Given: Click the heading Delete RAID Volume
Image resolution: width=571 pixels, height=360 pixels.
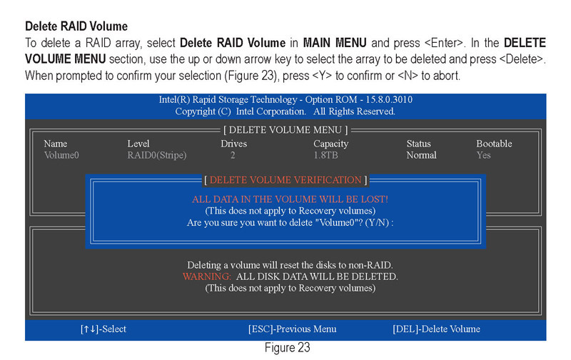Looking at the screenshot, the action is click(x=76, y=26).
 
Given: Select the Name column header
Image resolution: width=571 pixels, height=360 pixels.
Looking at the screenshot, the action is click(x=56, y=144).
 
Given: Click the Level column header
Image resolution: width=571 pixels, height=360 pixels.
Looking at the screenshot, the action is click(x=138, y=144).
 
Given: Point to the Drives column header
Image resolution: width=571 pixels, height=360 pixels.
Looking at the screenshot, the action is click(x=234, y=144).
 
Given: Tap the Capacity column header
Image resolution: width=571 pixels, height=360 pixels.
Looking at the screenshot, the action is click(x=331, y=144).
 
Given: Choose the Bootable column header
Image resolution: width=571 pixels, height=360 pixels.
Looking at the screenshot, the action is click(x=494, y=144).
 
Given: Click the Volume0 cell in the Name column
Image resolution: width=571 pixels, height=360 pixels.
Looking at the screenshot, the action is click(x=61, y=155).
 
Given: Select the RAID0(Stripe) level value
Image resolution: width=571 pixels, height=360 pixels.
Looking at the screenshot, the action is click(x=157, y=155).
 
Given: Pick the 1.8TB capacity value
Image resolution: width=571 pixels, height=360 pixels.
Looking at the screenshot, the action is click(x=326, y=155).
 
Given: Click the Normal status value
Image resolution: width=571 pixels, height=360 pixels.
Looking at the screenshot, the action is click(x=422, y=155).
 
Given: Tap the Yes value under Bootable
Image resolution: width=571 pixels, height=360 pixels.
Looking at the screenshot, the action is click(x=484, y=155).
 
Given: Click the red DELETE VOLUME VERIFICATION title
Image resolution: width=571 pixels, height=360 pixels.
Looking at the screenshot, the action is click(x=285, y=180).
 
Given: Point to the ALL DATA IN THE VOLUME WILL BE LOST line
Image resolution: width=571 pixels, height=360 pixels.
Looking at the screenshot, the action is click(x=290, y=199).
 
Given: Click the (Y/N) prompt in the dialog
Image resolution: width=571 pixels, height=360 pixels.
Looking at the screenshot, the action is click(x=377, y=223).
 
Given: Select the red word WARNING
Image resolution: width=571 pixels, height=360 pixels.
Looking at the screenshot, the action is click(x=207, y=276).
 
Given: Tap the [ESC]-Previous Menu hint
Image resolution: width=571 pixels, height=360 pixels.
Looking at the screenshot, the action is click(x=293, y=329).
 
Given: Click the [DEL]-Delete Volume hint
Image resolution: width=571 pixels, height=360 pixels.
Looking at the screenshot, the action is click(x=436, y=329).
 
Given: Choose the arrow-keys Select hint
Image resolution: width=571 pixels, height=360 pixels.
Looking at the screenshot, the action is click(x=103, y=329).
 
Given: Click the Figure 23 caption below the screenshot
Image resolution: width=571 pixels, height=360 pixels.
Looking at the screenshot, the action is click(x=288, y=348).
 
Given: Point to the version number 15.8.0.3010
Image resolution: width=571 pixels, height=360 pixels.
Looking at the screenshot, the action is click(x=389, y=99).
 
